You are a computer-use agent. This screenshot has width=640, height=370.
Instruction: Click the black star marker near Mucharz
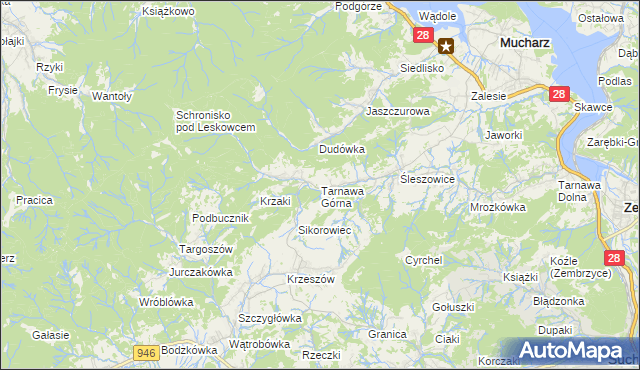point(446,45)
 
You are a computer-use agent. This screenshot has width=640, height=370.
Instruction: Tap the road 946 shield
point(147,352)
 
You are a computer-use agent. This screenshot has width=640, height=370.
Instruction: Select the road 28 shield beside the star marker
point(422,36)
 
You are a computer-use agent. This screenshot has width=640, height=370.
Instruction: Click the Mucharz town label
point(521,43)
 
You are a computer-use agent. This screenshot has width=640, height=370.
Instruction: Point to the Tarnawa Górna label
point(341,197)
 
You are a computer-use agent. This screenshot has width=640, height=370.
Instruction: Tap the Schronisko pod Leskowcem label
point(216,121)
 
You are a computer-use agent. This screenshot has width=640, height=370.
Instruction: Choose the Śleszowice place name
point(427,179)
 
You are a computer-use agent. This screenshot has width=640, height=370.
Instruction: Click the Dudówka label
point(342,149)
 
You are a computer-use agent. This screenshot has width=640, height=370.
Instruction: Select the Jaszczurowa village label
point(397,111)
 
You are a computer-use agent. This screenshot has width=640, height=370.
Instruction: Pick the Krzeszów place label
point(310,279)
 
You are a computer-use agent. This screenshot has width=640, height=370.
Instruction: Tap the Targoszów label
point(205,248)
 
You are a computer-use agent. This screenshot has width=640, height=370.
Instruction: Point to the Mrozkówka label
point(497,208)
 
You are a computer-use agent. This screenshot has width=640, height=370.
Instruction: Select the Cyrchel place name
point(423,260)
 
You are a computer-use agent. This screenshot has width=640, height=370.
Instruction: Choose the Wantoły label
point(112,96)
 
